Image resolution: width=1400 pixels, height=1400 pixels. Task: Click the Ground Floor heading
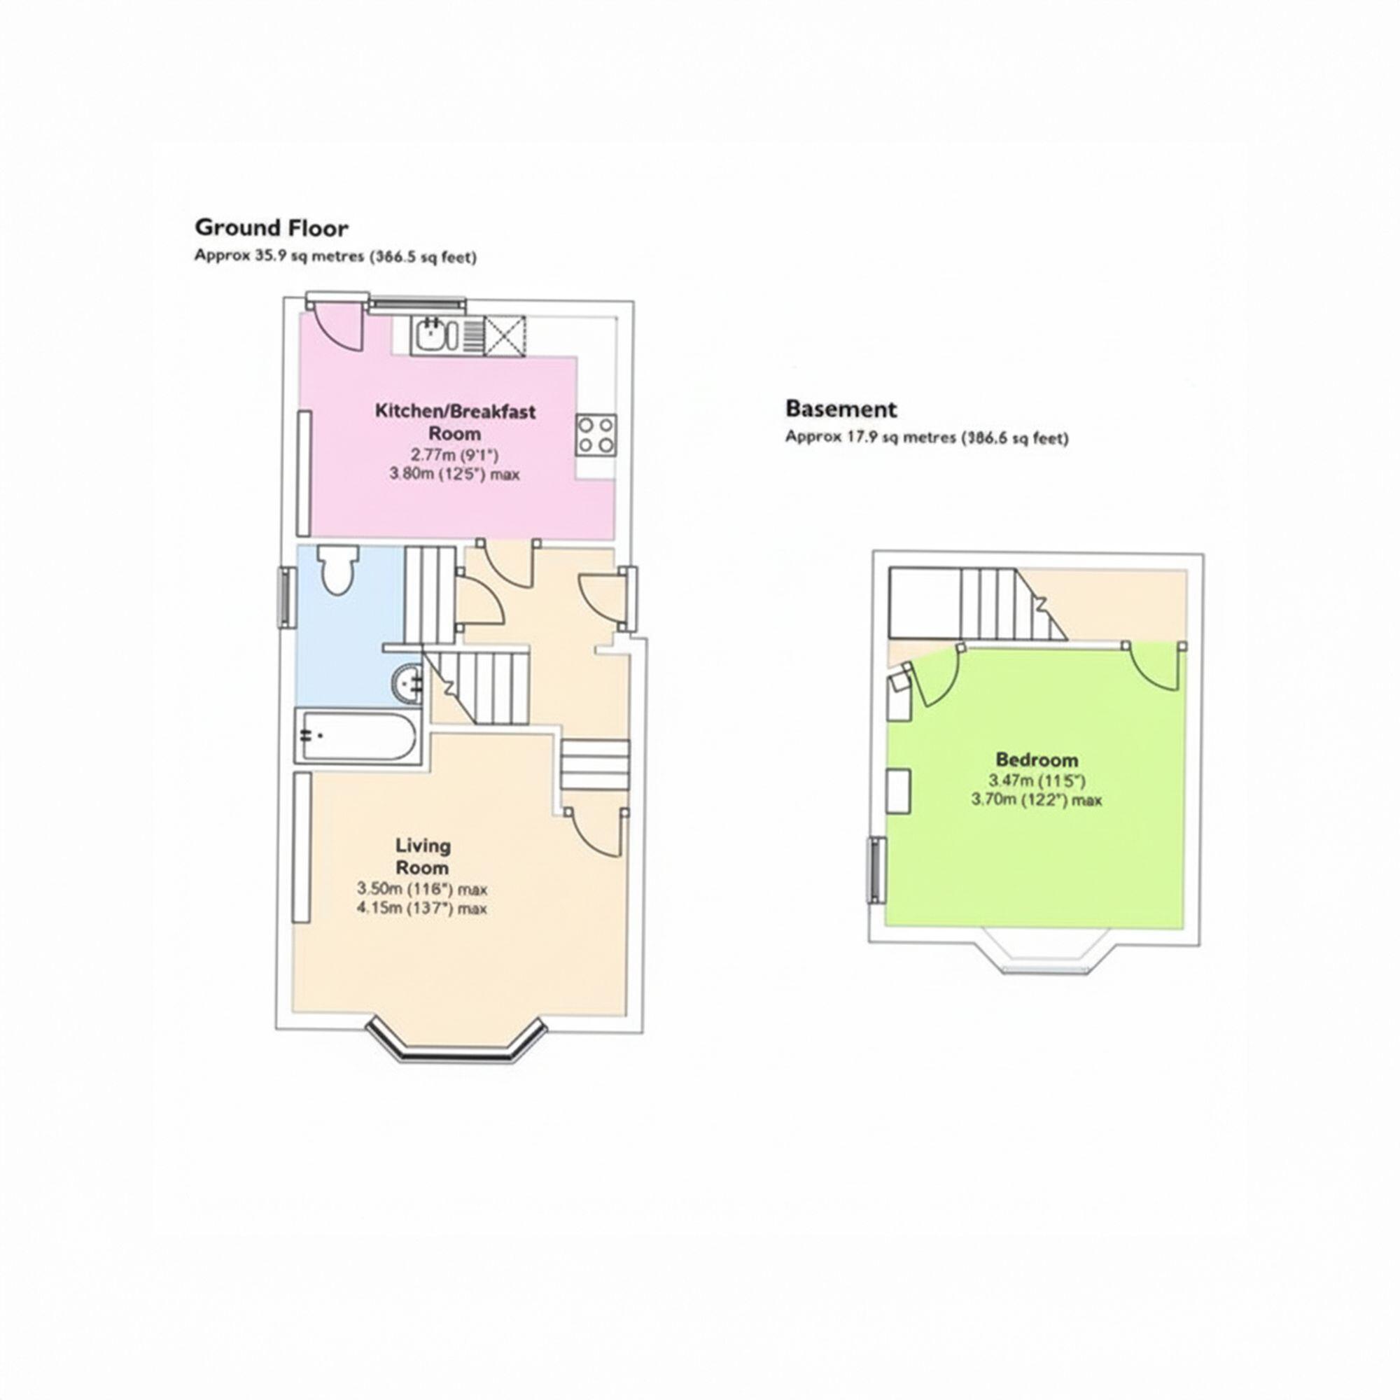coord(271,228)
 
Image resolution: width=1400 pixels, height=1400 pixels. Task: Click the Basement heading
coord(841,409)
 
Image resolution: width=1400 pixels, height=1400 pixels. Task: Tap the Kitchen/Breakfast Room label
coord(455,421)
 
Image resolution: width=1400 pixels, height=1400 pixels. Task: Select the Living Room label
coord(423,856)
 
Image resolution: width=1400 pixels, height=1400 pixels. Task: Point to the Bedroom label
coord(1037,760)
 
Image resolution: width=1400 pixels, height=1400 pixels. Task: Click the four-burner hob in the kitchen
coord(596,435)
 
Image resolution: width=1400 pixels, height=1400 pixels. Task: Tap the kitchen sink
coord(433,335)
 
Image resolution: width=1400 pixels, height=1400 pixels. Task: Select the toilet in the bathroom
coord(339,568)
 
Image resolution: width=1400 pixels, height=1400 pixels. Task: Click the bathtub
coord(358,736)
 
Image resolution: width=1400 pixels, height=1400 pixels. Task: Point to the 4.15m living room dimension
coord(421,909)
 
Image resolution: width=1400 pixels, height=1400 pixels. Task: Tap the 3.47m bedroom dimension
coord(1037,781)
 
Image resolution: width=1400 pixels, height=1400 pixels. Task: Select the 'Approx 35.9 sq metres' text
coord(335,256)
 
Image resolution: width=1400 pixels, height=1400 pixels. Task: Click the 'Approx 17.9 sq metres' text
coord(926,437)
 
